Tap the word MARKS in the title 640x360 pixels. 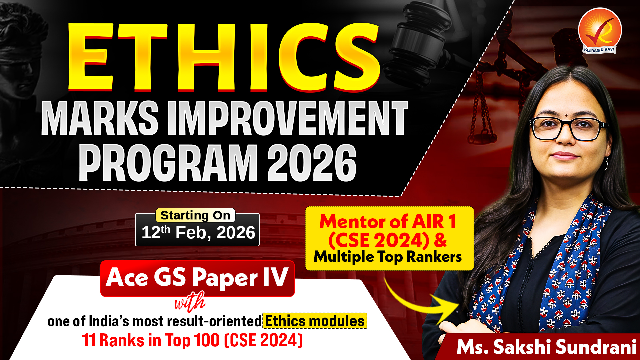pyautogui.click(x=100, y=118)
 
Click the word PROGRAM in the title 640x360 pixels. pyautogui.click(x=168, y=163)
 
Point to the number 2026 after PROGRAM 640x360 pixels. pyautogui.click(x=312, y=163)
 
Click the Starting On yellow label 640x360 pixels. pyautogui.click(x=195, y=215)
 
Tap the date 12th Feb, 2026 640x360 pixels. pyautogui.click(x=198, y=232)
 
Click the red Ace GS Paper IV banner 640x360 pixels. pyautogui.click(x=197, y=278)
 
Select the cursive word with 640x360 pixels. pyautogui.click(x=190, y=302)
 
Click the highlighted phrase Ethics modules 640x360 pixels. pyautogui.click(x=315, y=321)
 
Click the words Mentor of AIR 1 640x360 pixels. pyautogui.click(x=388, y=221)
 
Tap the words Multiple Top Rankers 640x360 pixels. pyautogui.click(x=388, y=257)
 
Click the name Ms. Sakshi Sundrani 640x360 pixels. pyautogui.click(x=546, y=347)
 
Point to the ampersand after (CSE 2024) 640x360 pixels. pyautogui.click(x=440, y=240)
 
